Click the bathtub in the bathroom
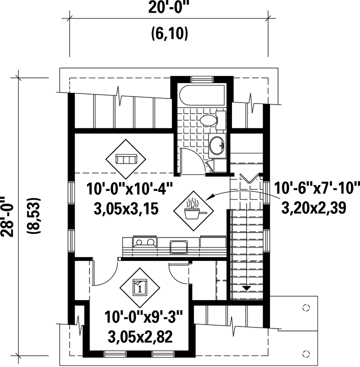pos(202,95)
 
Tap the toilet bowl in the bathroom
pos(208,120)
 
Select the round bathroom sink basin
pos(217,145)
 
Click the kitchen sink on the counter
pos(178,246)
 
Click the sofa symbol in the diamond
pos(125,159)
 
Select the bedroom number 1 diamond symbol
pos(139,287)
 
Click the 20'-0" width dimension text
pos(168,8)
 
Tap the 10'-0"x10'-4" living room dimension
pos(129,189)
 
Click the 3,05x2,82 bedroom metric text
pos(140,336)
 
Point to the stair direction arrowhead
pos(246,288)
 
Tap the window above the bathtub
pos(202,79)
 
